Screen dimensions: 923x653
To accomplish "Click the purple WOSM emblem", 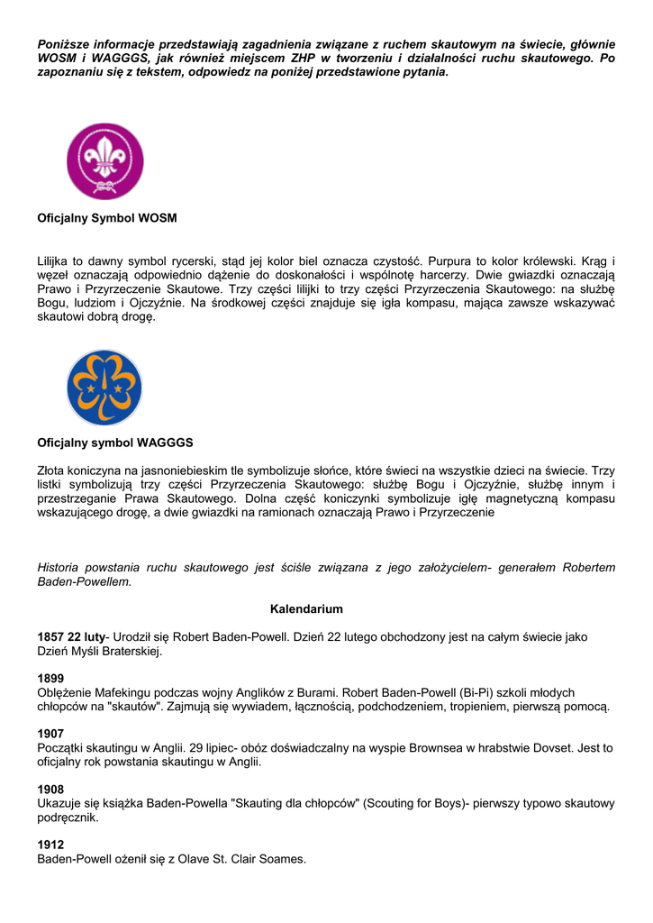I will [x=105, y=161].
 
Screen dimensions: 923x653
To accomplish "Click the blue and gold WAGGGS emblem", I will [x=104, y=388].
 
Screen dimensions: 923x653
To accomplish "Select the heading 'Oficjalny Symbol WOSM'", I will [x=107, y=218].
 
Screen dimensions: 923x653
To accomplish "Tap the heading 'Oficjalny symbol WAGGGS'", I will [x=115, y=443].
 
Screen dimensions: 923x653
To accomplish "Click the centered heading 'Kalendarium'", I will [x=306, y=609].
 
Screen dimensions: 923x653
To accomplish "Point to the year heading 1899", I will [x=50, y=678].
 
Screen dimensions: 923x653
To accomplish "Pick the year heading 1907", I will [x=50, y=734].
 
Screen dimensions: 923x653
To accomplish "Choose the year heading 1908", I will [x=50, y=790].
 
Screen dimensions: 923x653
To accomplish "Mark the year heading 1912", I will [x=50, y=845].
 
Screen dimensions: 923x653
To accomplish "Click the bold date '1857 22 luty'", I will [x=71, y=636].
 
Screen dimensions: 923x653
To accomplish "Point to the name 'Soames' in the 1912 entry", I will [x=283, y=859].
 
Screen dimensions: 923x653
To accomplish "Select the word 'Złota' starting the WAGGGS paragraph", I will [x=52, y=470].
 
